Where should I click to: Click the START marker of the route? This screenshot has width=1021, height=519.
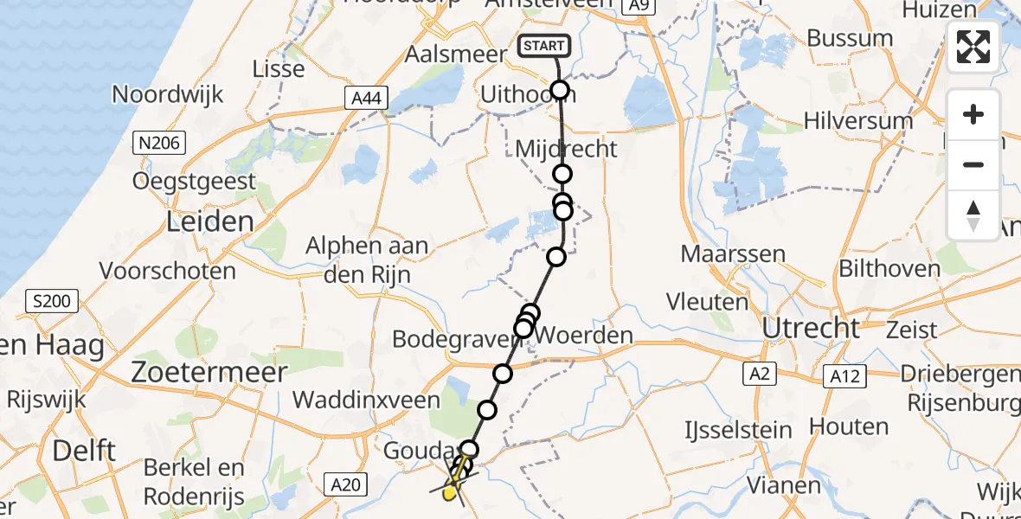(543, 46)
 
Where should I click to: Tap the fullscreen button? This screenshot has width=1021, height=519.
(973, 47)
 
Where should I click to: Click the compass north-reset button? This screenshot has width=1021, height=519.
(973, 215)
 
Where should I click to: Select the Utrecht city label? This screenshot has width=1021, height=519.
(811, 328)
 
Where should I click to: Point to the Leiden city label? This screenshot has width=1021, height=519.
(211, 222)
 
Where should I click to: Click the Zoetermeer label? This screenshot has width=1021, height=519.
(209, 373)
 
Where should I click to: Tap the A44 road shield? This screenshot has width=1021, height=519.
(364, 100)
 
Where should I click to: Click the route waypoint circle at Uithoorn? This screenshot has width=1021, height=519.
(560, 90)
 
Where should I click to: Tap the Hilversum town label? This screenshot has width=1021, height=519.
(857, 120)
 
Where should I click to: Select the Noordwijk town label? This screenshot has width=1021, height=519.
(167, 94)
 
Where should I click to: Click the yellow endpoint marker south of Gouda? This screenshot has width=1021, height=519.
(449, 494)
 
